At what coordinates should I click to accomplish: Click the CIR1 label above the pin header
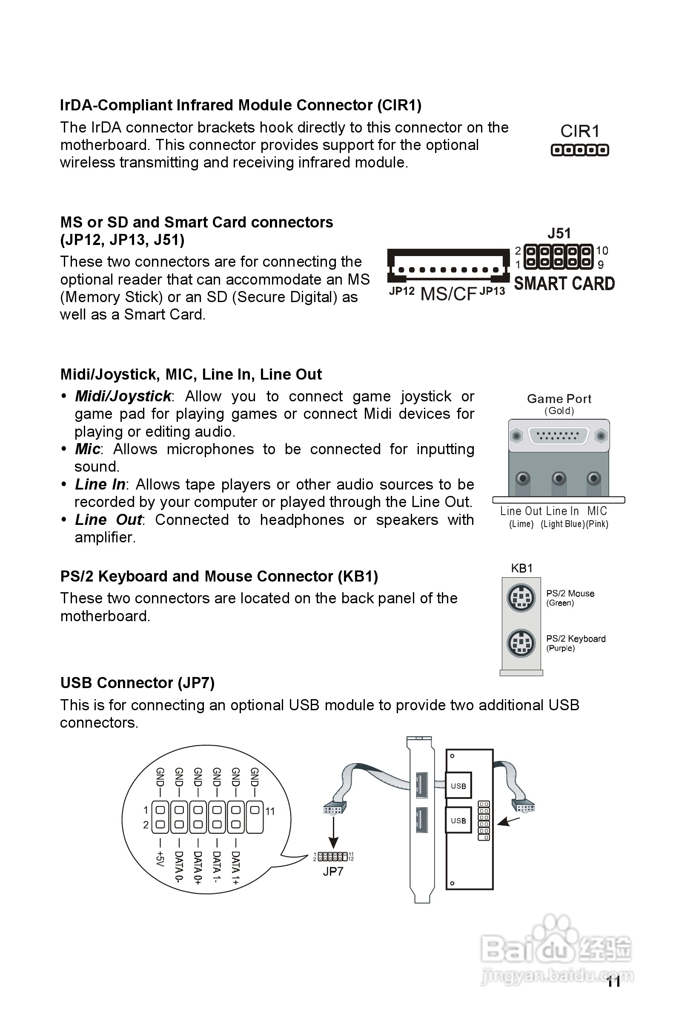click(x=580, y=131)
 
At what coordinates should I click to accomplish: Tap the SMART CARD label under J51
click(x=564, y=283)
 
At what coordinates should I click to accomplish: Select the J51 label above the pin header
click(x=559, y=233)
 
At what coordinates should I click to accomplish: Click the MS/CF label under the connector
click(x=448, y=294)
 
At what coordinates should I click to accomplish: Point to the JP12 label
click(x=401, y=291)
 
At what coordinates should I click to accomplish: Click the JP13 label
click(x=493, y=291)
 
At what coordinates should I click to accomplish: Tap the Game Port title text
click(x=559, y=399)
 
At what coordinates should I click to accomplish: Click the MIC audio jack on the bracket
click(x=594, y=478)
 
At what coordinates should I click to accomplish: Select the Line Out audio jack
click(x=523, y=478)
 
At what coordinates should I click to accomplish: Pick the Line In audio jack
click(x=559, y=478)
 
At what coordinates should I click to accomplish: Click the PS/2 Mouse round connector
click(x=521, y=598)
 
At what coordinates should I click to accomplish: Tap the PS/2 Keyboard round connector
click(x=521, y=643)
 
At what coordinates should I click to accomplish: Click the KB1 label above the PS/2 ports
click(x=521, y=568)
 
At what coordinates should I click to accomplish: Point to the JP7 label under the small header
click(x=333, y=871)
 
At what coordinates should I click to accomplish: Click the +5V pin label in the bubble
click(x=160, y=858)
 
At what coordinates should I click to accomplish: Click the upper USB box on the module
click(x=458, y=786)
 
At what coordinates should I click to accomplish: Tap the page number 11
click(x=613, y=982)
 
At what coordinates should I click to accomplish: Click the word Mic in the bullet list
click(x=88, y=449)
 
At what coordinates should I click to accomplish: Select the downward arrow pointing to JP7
click(x=333, y=833)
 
